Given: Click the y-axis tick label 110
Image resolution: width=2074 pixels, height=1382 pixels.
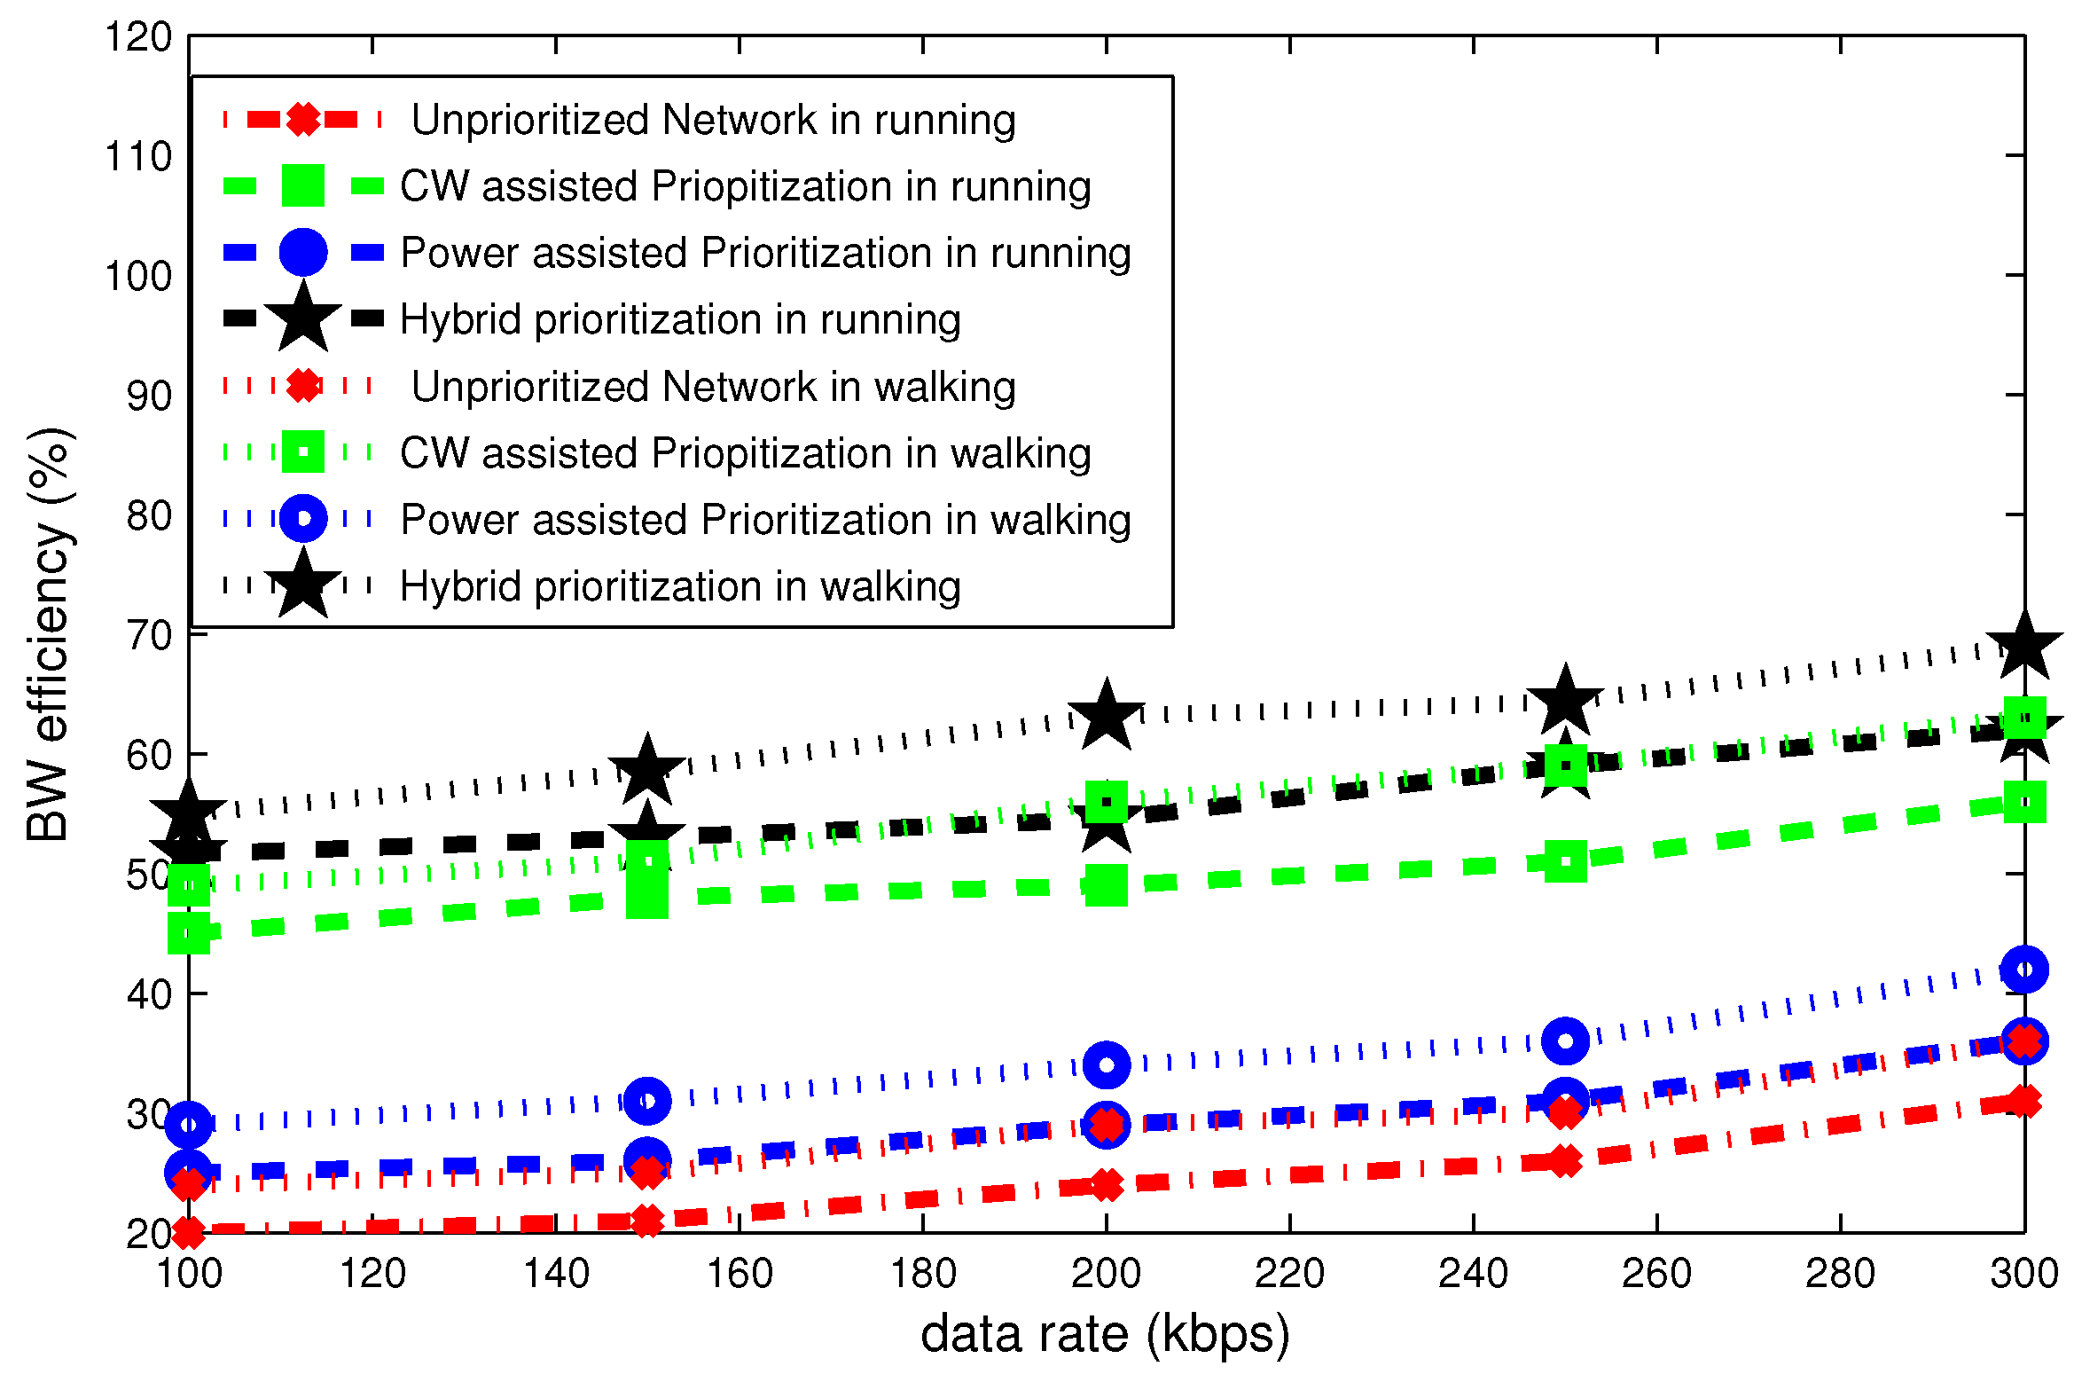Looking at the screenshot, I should tap(138, 157).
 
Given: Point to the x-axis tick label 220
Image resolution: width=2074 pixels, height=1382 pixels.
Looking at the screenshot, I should tap(1289, 1274).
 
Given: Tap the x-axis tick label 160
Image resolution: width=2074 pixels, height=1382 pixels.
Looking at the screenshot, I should tap(739, 1274).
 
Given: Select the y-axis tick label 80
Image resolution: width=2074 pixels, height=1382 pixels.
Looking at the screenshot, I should tap(149, 515).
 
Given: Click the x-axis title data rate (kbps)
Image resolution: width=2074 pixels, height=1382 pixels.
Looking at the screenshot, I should tap(1105, 1334).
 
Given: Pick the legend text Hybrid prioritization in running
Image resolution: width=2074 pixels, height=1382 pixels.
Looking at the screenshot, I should tap(680, 319).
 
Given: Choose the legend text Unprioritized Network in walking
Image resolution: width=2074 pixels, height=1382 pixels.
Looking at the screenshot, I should tap(713, 387).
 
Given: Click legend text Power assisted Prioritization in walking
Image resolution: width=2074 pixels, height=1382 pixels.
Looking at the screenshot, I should tap(765, 520).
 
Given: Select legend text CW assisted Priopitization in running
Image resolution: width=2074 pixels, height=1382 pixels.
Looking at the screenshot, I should tap(745, 186).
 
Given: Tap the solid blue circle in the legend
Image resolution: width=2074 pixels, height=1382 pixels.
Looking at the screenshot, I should tap(303, 253).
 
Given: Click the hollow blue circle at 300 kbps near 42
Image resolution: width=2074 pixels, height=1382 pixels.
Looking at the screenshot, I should tap(2024, 970).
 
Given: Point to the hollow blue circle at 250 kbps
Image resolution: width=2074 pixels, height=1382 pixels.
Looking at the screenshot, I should tap(1565, 1040).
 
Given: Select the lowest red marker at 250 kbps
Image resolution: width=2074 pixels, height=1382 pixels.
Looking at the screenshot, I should tap(1565, 1160).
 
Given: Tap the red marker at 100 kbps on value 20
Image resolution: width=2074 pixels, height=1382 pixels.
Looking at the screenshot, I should tap(189, 1231).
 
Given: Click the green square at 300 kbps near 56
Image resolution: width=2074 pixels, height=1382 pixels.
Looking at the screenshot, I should tap(2024, 802).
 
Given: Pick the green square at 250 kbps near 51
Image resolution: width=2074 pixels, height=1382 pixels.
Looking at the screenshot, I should tap(1565, 861).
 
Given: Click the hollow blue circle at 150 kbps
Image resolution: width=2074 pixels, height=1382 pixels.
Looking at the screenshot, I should tap(647, 1101).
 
